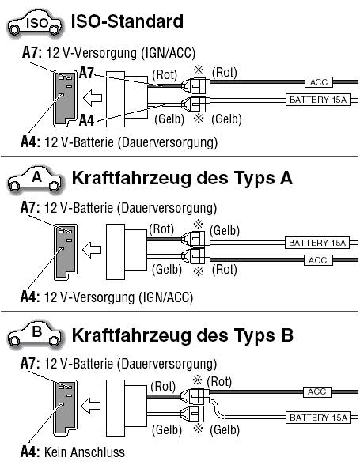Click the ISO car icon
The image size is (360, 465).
pos(34,23)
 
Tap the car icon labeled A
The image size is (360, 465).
pos(35,179)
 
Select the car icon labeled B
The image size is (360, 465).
pos(35,335)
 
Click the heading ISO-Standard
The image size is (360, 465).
pos(127,21)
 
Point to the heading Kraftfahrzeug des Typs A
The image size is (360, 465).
pos(182,178)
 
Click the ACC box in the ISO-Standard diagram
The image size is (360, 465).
pos(318,82)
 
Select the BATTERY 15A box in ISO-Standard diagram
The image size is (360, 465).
pos(317,100)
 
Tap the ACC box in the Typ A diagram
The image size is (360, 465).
pos(318,260)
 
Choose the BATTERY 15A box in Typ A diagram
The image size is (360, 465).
pos(317,243)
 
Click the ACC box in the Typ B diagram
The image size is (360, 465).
pos(317,391)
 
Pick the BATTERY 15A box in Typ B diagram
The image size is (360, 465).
pos(318,418)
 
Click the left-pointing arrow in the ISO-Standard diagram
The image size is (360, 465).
pos(93,98)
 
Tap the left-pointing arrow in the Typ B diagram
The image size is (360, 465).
pos(91,406)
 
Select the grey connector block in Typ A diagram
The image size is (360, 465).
pos(66,251)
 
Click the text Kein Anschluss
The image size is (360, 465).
pos(85,452)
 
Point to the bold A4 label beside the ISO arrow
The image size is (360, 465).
pos(86,121)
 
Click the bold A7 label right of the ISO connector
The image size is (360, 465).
pos(86,73)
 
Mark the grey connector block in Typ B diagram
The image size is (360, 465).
pos(65,408)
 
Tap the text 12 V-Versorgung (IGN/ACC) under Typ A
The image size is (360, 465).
pos(119,297)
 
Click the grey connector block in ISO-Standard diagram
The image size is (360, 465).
pos(65,99)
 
